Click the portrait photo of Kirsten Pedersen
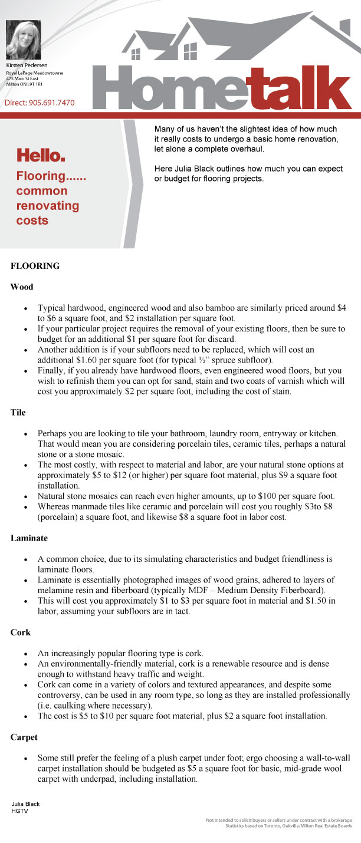click(23, 39)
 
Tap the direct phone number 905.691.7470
click(52, 103)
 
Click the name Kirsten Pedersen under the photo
click(27, 64)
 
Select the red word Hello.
click(41, 156)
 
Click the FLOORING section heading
click(35, 266)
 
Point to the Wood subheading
click(22, 287)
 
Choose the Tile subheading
click(18, 413)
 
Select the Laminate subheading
click(29, 538)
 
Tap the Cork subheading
click(21, 633)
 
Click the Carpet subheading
click(25, 737)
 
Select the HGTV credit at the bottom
click(19, 811)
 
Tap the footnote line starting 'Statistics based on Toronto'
click(288, 826)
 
